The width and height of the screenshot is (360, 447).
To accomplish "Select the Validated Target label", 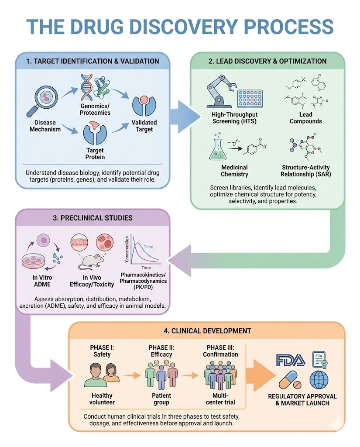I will click(x=144, y=126).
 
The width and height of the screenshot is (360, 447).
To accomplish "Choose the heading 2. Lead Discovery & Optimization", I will click(x=267, y=61).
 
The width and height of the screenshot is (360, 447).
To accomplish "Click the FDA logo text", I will click(x=289, y=361).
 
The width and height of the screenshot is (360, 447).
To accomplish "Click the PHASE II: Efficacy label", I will click(x=161, y=351).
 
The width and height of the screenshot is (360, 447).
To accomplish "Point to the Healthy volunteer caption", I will click(x=101, y=399).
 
